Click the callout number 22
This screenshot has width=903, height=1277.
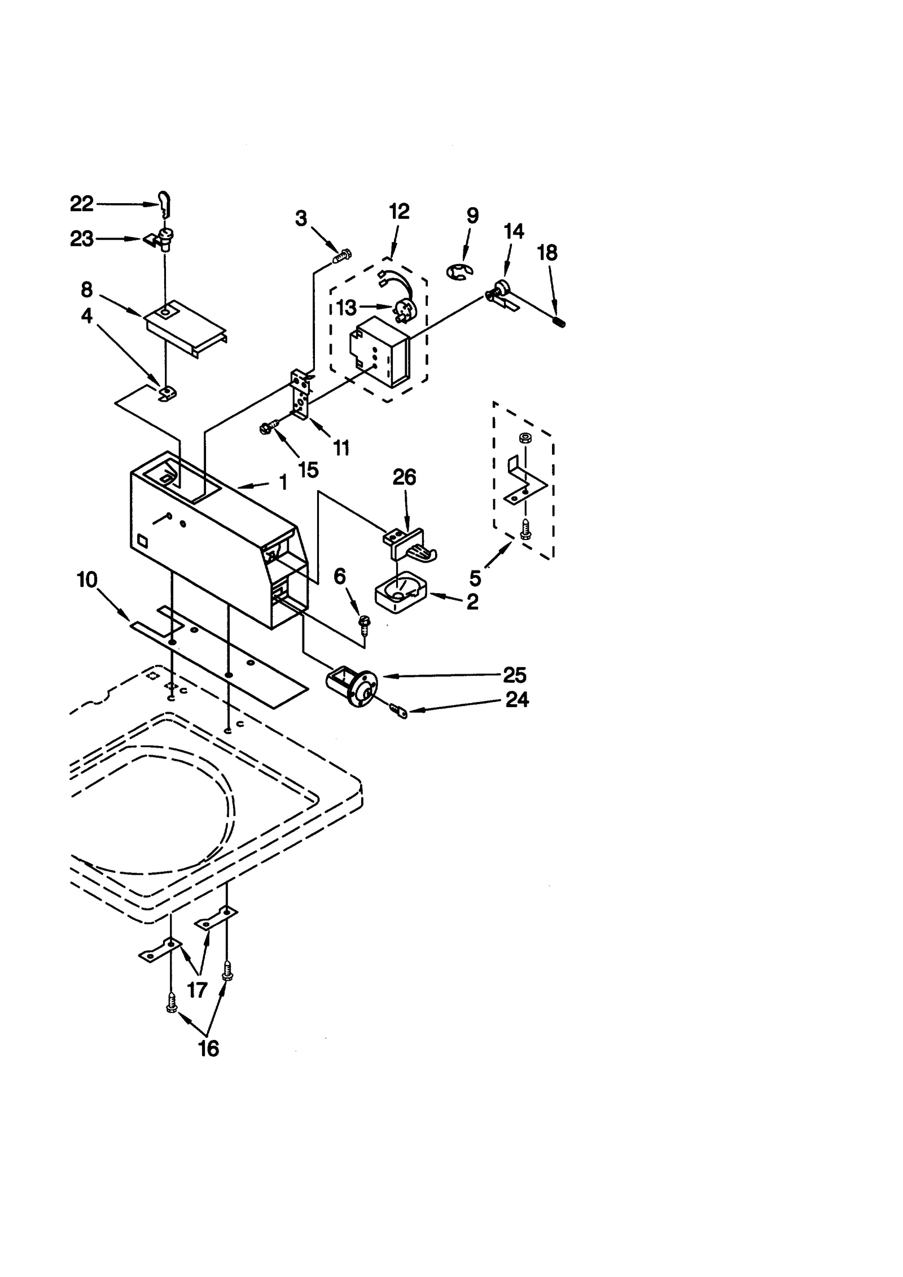pos(81,204)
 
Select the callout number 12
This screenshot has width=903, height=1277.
pos(399,212)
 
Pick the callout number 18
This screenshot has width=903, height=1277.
pos(547,253)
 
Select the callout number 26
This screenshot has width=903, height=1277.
pos(404,477)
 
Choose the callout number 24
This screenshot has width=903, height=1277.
pos(517,699)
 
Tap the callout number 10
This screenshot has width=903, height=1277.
pos(87,580)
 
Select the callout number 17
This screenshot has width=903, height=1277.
pos(197,989)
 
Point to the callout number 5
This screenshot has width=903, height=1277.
pos(475,578)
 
